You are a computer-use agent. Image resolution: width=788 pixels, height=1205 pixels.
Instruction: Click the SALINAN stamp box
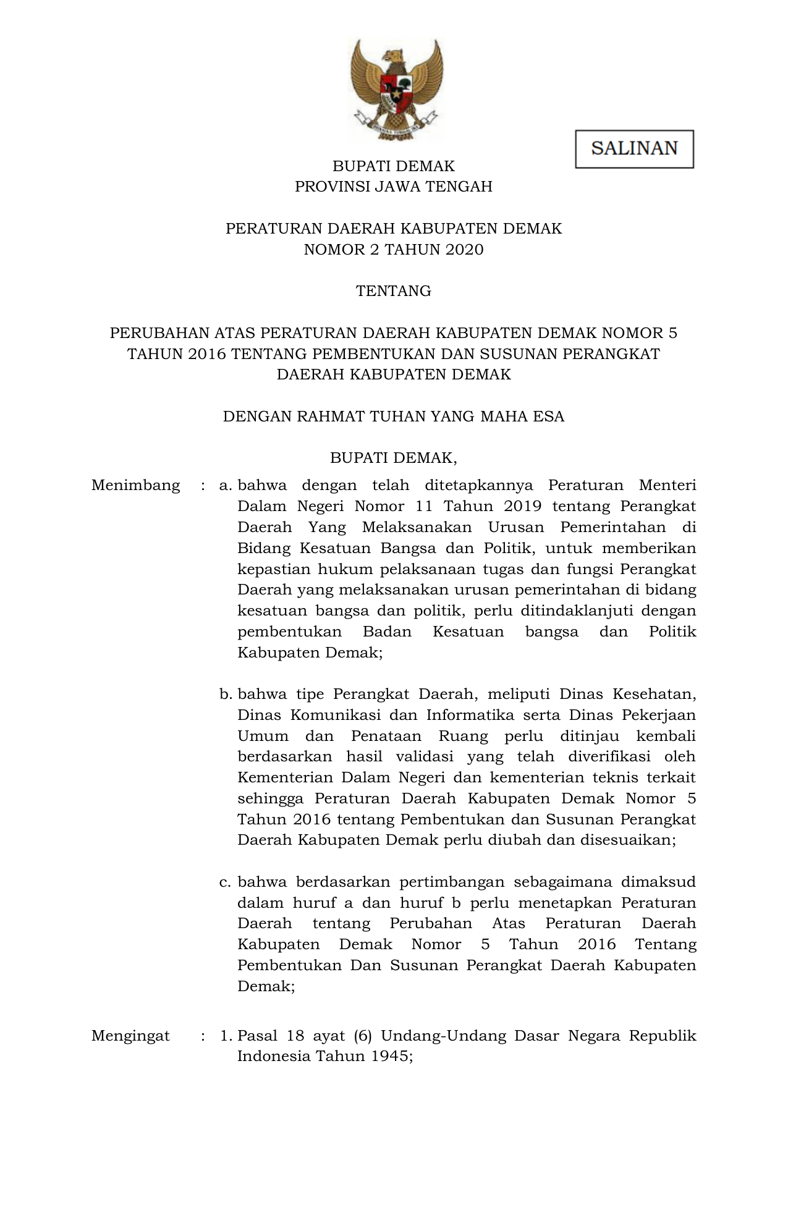(634, 149)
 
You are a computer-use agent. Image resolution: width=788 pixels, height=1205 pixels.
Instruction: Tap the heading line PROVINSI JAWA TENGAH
(394, 187)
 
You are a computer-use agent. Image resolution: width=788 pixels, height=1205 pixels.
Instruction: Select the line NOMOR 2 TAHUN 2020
(394, 250)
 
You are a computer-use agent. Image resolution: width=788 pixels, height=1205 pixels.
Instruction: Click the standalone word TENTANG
(394, 291)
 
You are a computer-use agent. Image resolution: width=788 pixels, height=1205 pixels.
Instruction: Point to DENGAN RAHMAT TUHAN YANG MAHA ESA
(394, 416)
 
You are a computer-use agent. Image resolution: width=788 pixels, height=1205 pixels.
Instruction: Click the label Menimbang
(136, 486)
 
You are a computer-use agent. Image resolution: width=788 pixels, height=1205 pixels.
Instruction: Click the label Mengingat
(130, 1036)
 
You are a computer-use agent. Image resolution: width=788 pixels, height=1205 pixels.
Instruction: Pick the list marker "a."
(226, 486)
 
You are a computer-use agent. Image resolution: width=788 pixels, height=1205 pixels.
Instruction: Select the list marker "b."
(226, 695)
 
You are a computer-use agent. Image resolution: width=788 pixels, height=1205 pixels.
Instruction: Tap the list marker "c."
(226, 882)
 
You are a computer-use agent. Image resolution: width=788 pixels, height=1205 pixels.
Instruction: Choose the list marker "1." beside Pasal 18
(226, 1036)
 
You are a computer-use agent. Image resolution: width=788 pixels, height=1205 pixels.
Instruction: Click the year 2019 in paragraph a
(522, 507)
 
